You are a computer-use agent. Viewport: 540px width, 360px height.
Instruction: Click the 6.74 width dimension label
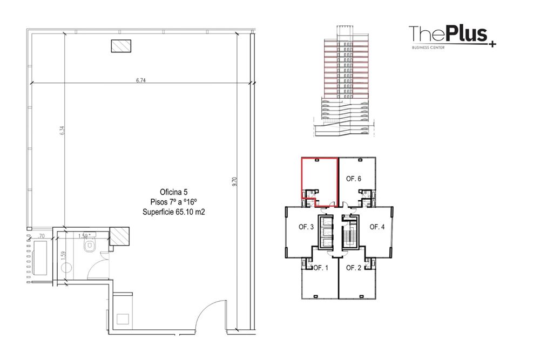point(141,80)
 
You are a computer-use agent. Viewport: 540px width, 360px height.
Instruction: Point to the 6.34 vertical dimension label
point(62,131)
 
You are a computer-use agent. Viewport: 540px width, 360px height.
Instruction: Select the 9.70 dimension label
point(234,181)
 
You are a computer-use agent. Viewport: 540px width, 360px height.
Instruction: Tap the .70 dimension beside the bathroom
point(42,236)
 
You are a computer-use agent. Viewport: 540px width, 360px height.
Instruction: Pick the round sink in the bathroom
point(66,268)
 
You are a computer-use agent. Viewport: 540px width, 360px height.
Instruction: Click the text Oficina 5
point(173,192)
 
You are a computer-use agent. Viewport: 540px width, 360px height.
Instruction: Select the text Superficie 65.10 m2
point(173,212)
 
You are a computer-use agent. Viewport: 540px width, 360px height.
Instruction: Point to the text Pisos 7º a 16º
point(173,202)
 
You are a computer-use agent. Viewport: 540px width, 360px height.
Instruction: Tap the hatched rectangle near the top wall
point(121,46)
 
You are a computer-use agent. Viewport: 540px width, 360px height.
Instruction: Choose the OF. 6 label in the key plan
point(354,179)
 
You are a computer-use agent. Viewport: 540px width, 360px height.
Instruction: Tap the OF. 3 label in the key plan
point(306,227)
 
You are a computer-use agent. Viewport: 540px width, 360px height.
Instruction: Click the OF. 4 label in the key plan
point(377,227)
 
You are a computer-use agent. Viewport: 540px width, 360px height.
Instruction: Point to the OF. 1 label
point(321,268)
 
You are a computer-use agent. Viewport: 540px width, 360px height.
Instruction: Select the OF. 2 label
point(354,268)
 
